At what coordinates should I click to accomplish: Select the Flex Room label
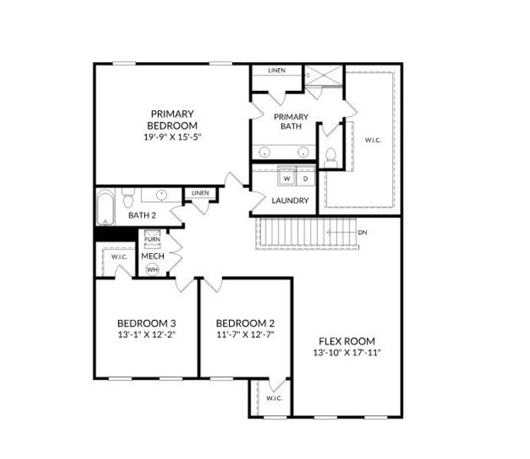(x=346, y=340)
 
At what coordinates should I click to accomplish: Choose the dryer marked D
(x=305, y=178)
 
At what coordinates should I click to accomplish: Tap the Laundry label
(x=290, y=201)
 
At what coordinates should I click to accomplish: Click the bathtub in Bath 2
(x=105, y=207)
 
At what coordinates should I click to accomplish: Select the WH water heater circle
(x=152, y=269)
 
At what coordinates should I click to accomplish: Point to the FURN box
(x=152, y=240)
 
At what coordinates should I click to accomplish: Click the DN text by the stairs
(x=363, y=232)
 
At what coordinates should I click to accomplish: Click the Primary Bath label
(x=292, y=122)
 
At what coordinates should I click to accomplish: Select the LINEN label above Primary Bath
(x=276, y=71)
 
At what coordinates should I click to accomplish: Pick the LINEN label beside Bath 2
(x=201, y=193)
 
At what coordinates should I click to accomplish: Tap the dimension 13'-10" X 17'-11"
(x=346, y=353)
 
